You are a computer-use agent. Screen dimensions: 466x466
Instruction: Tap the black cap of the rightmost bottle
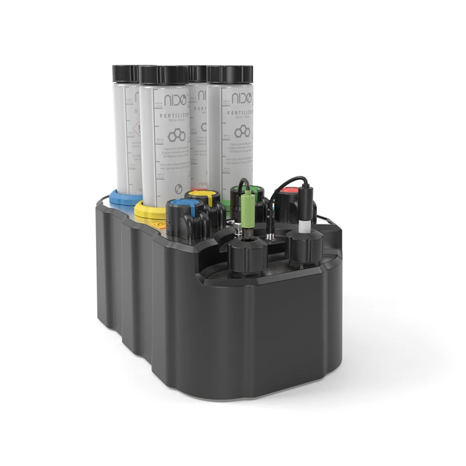pyautogui.click(x=230, y=73)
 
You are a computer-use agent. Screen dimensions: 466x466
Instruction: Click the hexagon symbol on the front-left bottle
pyautogui.click(x=174, y=136)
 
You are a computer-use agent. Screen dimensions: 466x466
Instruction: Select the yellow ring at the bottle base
pyautogui.click(x=148, y=210)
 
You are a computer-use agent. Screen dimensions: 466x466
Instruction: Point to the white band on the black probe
pyautogui.click(x=304, y=224)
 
